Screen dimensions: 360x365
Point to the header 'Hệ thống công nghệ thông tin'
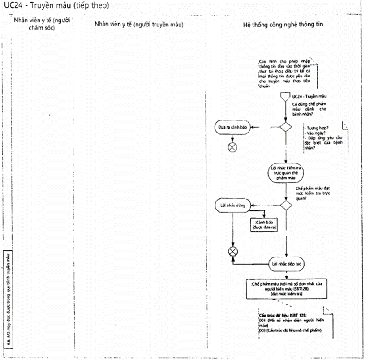283,23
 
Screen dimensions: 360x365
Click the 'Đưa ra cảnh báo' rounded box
232,128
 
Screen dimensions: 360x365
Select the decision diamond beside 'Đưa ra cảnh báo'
285,127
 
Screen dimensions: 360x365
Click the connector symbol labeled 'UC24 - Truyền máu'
284,97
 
